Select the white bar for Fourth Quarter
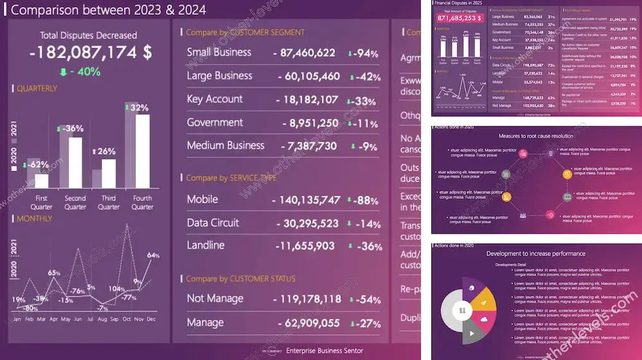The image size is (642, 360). pos(143,150)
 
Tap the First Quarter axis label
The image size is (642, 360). pos(41,202)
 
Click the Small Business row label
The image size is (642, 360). pos(219,52)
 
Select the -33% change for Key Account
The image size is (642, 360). pos(361,101)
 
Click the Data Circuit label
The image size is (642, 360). pos(213,223)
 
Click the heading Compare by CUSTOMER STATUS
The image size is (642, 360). pos(241,279)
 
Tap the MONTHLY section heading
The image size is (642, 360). pos(35,219)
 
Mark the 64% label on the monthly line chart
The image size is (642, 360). pos(153,255)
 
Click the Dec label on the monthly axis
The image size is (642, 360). pos(152,319)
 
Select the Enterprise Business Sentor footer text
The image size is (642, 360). pos(324,350)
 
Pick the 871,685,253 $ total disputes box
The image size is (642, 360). pos(459,19)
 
